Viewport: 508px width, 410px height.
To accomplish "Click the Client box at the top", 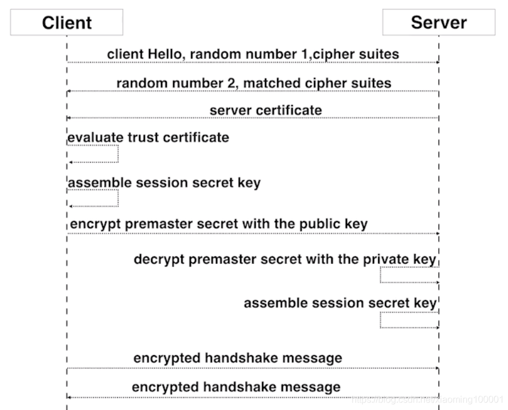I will pos(66,23).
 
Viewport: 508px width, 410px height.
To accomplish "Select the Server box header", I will pos(439,23).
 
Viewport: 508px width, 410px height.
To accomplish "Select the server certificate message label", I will pos(266,110).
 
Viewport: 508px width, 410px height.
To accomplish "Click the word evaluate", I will pos(95,137).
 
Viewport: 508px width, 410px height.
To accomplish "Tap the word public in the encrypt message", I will pos(305,223).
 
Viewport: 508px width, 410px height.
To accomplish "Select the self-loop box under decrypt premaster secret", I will pos(409,275).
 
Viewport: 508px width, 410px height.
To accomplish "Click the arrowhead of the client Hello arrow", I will pos(438,62).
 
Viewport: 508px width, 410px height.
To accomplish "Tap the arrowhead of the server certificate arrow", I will pos(69,118).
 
